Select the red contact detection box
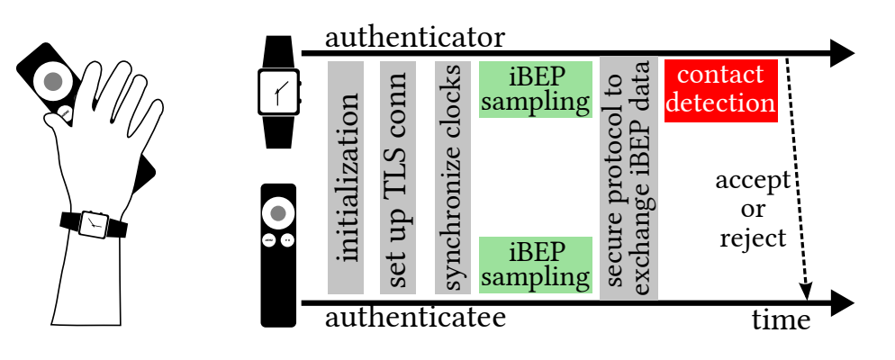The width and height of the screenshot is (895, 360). pos(720,90)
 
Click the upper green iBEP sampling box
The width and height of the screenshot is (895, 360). pos(535,90)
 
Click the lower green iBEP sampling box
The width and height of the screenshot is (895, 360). pos(535,265)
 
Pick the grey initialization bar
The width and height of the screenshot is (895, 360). pos(346,177)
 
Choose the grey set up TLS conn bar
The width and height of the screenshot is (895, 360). pos(398,177)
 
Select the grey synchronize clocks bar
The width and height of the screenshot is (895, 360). pos(453,177)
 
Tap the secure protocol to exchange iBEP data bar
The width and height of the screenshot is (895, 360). pos(628,177)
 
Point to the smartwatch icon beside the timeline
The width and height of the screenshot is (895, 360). pos(279,92)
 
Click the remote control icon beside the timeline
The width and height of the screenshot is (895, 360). pos(278,255)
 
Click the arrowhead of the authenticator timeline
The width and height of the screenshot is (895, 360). pos(841,54)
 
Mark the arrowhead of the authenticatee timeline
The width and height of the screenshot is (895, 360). pos(841,302)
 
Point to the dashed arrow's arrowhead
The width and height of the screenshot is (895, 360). pos(807,292)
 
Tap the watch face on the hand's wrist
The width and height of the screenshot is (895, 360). pos(93,223)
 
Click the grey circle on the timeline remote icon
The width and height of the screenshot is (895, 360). pos(278,213)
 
